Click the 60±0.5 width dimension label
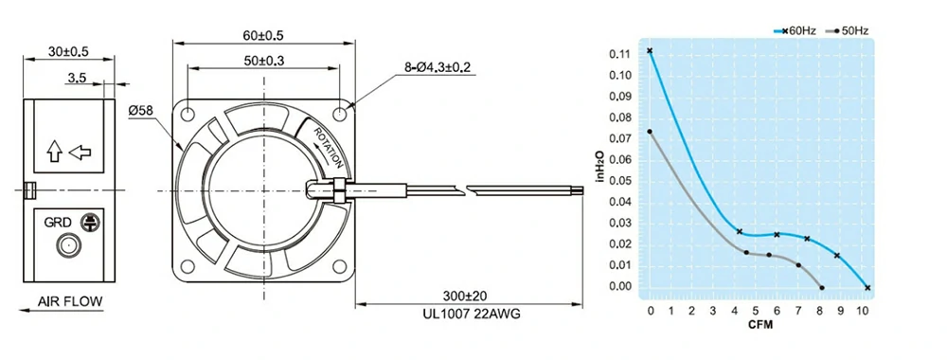point(264,36)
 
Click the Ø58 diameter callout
point(140,111)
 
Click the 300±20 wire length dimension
point(469,296)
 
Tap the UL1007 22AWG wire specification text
point(469,313)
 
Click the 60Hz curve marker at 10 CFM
point(867,287)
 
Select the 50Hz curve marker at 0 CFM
point(650,132)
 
